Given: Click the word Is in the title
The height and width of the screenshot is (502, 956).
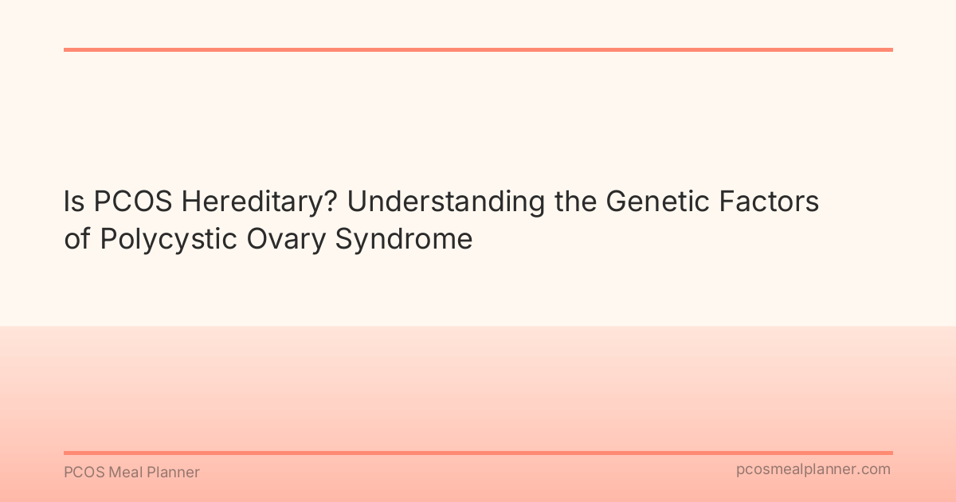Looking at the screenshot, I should (x=74, y=202).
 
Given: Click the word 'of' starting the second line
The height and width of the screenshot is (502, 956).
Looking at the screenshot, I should (x=77, y=239).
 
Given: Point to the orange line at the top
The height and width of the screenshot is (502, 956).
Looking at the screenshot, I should (x=478, y=49).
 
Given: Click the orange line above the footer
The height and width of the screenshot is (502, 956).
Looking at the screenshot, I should (x=478, y=453).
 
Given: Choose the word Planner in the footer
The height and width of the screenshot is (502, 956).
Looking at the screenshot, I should (x=173, y=473).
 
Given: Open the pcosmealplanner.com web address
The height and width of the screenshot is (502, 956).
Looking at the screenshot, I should (x=813, y=470).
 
